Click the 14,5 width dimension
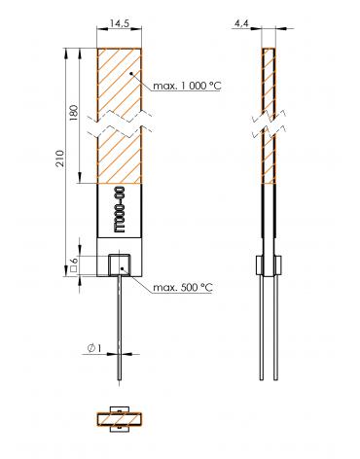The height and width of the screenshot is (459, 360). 120,23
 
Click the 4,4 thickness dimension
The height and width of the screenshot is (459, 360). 241,23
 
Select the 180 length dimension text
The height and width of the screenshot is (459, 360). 74,113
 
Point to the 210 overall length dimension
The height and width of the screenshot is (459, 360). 60,159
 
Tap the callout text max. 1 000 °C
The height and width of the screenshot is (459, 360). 187,86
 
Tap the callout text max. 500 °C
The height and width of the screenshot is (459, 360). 183,288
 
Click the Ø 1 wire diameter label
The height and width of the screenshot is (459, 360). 94,348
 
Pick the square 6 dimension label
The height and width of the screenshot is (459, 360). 74,265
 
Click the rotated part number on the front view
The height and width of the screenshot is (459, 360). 119,209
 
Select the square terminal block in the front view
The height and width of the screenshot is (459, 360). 120,265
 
